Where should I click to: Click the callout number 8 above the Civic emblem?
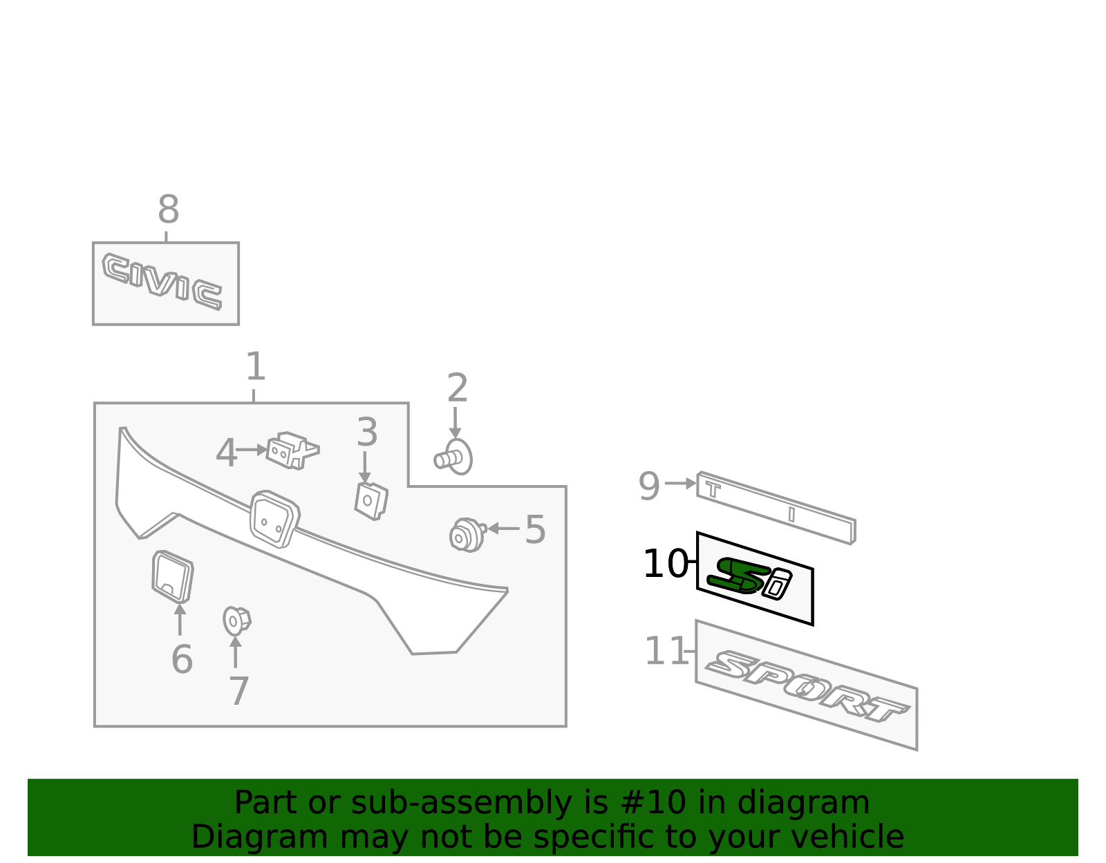(169, 209)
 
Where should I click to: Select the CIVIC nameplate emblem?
(162, 281)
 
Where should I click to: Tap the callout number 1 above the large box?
(256, 366)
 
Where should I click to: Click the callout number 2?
(457, 388)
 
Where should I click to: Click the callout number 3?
(367, 432)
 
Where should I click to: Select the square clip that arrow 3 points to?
(371, 502)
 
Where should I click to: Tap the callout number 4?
(226, 453)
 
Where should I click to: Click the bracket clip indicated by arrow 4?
(292, 451)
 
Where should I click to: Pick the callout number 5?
(535, 529)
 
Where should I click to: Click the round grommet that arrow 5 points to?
(467, 535)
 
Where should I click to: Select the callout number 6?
(182, 660)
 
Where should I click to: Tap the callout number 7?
(238, 691)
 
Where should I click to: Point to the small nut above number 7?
(236, 621)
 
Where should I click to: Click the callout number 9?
(649, 486)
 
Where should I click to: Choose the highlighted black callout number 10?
(666, 564)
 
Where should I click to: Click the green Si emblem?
(749, 579)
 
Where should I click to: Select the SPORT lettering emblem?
(807, 686)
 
